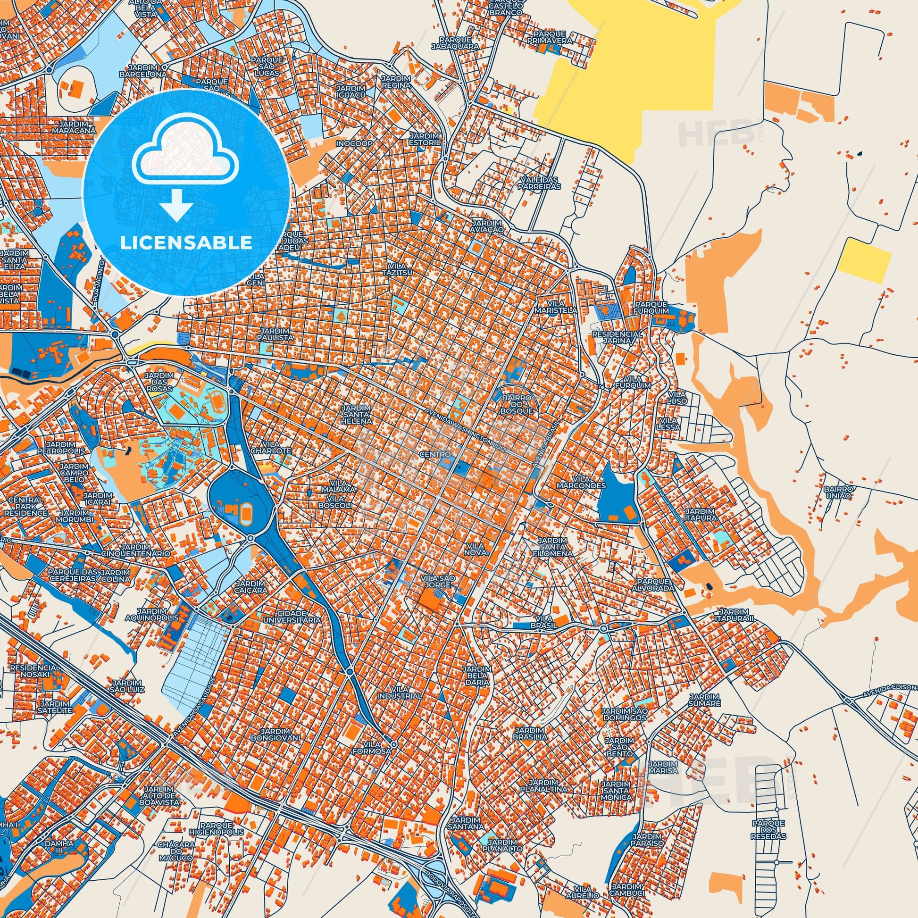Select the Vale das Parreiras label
[540, 183]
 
